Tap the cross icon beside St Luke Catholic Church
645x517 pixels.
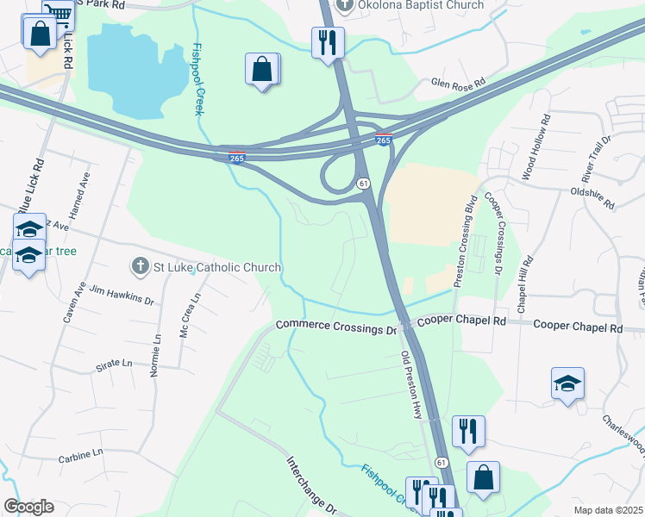141,267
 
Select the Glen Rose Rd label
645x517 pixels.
459,84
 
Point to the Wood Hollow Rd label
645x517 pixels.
534,148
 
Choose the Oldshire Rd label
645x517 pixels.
592,199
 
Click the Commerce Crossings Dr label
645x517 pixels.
335,327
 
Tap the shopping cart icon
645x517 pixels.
58,13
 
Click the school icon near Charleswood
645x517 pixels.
568,383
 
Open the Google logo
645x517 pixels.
28,507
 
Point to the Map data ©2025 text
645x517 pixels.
608,510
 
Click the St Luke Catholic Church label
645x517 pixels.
217,267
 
